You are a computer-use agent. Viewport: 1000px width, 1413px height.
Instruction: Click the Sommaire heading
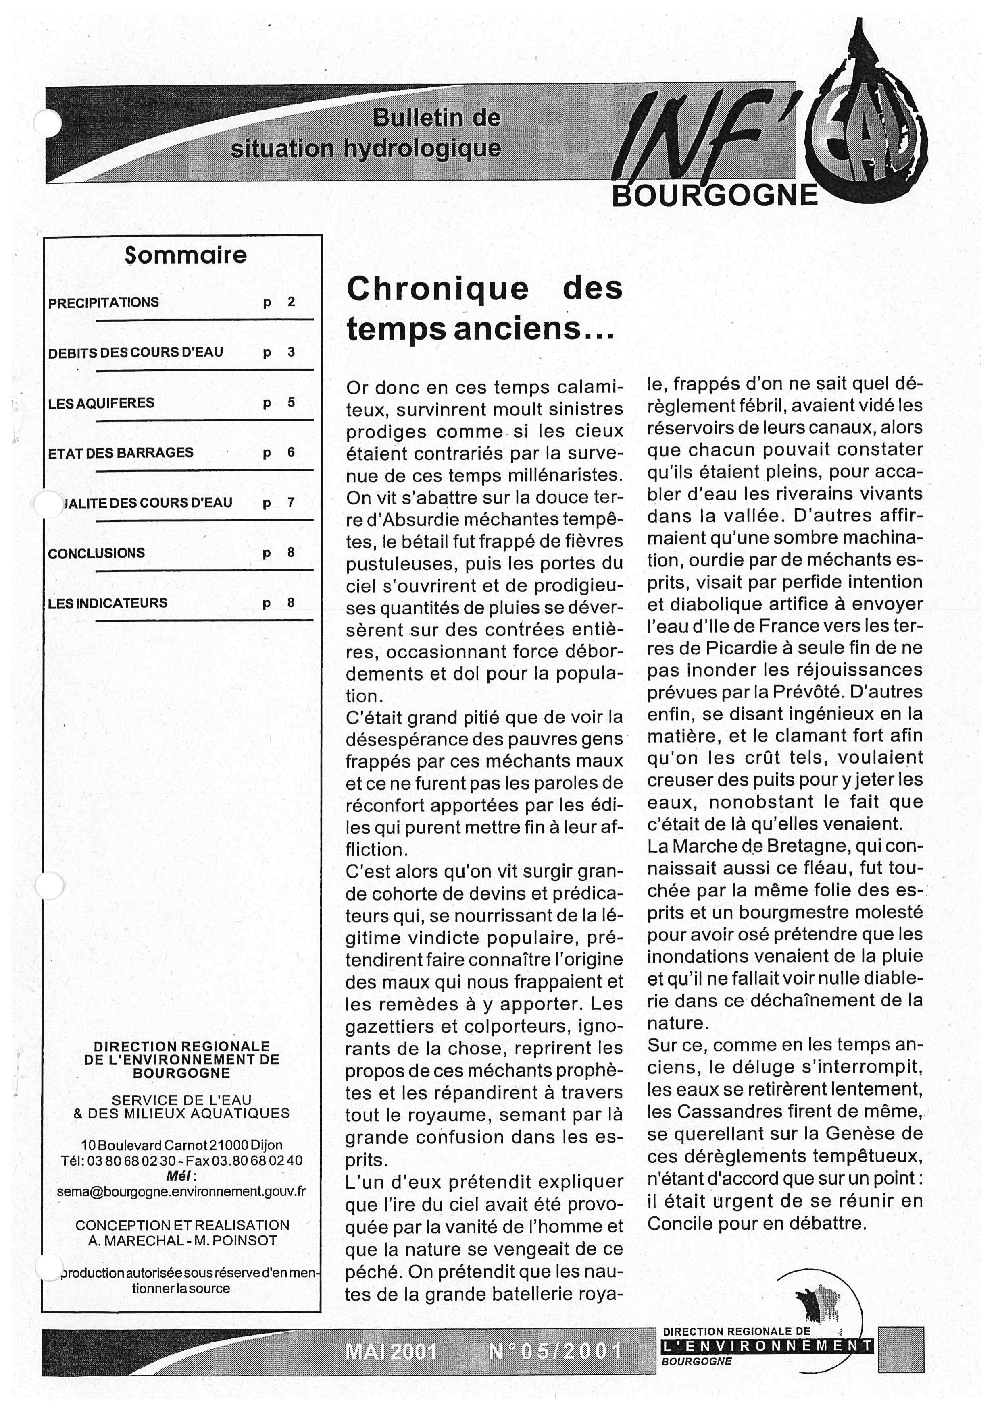185,255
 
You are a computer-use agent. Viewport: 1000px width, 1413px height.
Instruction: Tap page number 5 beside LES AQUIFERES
291,403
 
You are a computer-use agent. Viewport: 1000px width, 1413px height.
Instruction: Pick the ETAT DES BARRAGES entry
121,452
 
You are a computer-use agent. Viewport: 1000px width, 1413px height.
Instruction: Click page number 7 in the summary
291,503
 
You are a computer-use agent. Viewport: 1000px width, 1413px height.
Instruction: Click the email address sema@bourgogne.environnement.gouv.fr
181,1191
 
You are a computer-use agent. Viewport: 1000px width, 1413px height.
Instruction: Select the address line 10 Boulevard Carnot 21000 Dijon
181,1145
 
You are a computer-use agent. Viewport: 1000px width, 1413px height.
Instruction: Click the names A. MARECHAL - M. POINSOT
182,1241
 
